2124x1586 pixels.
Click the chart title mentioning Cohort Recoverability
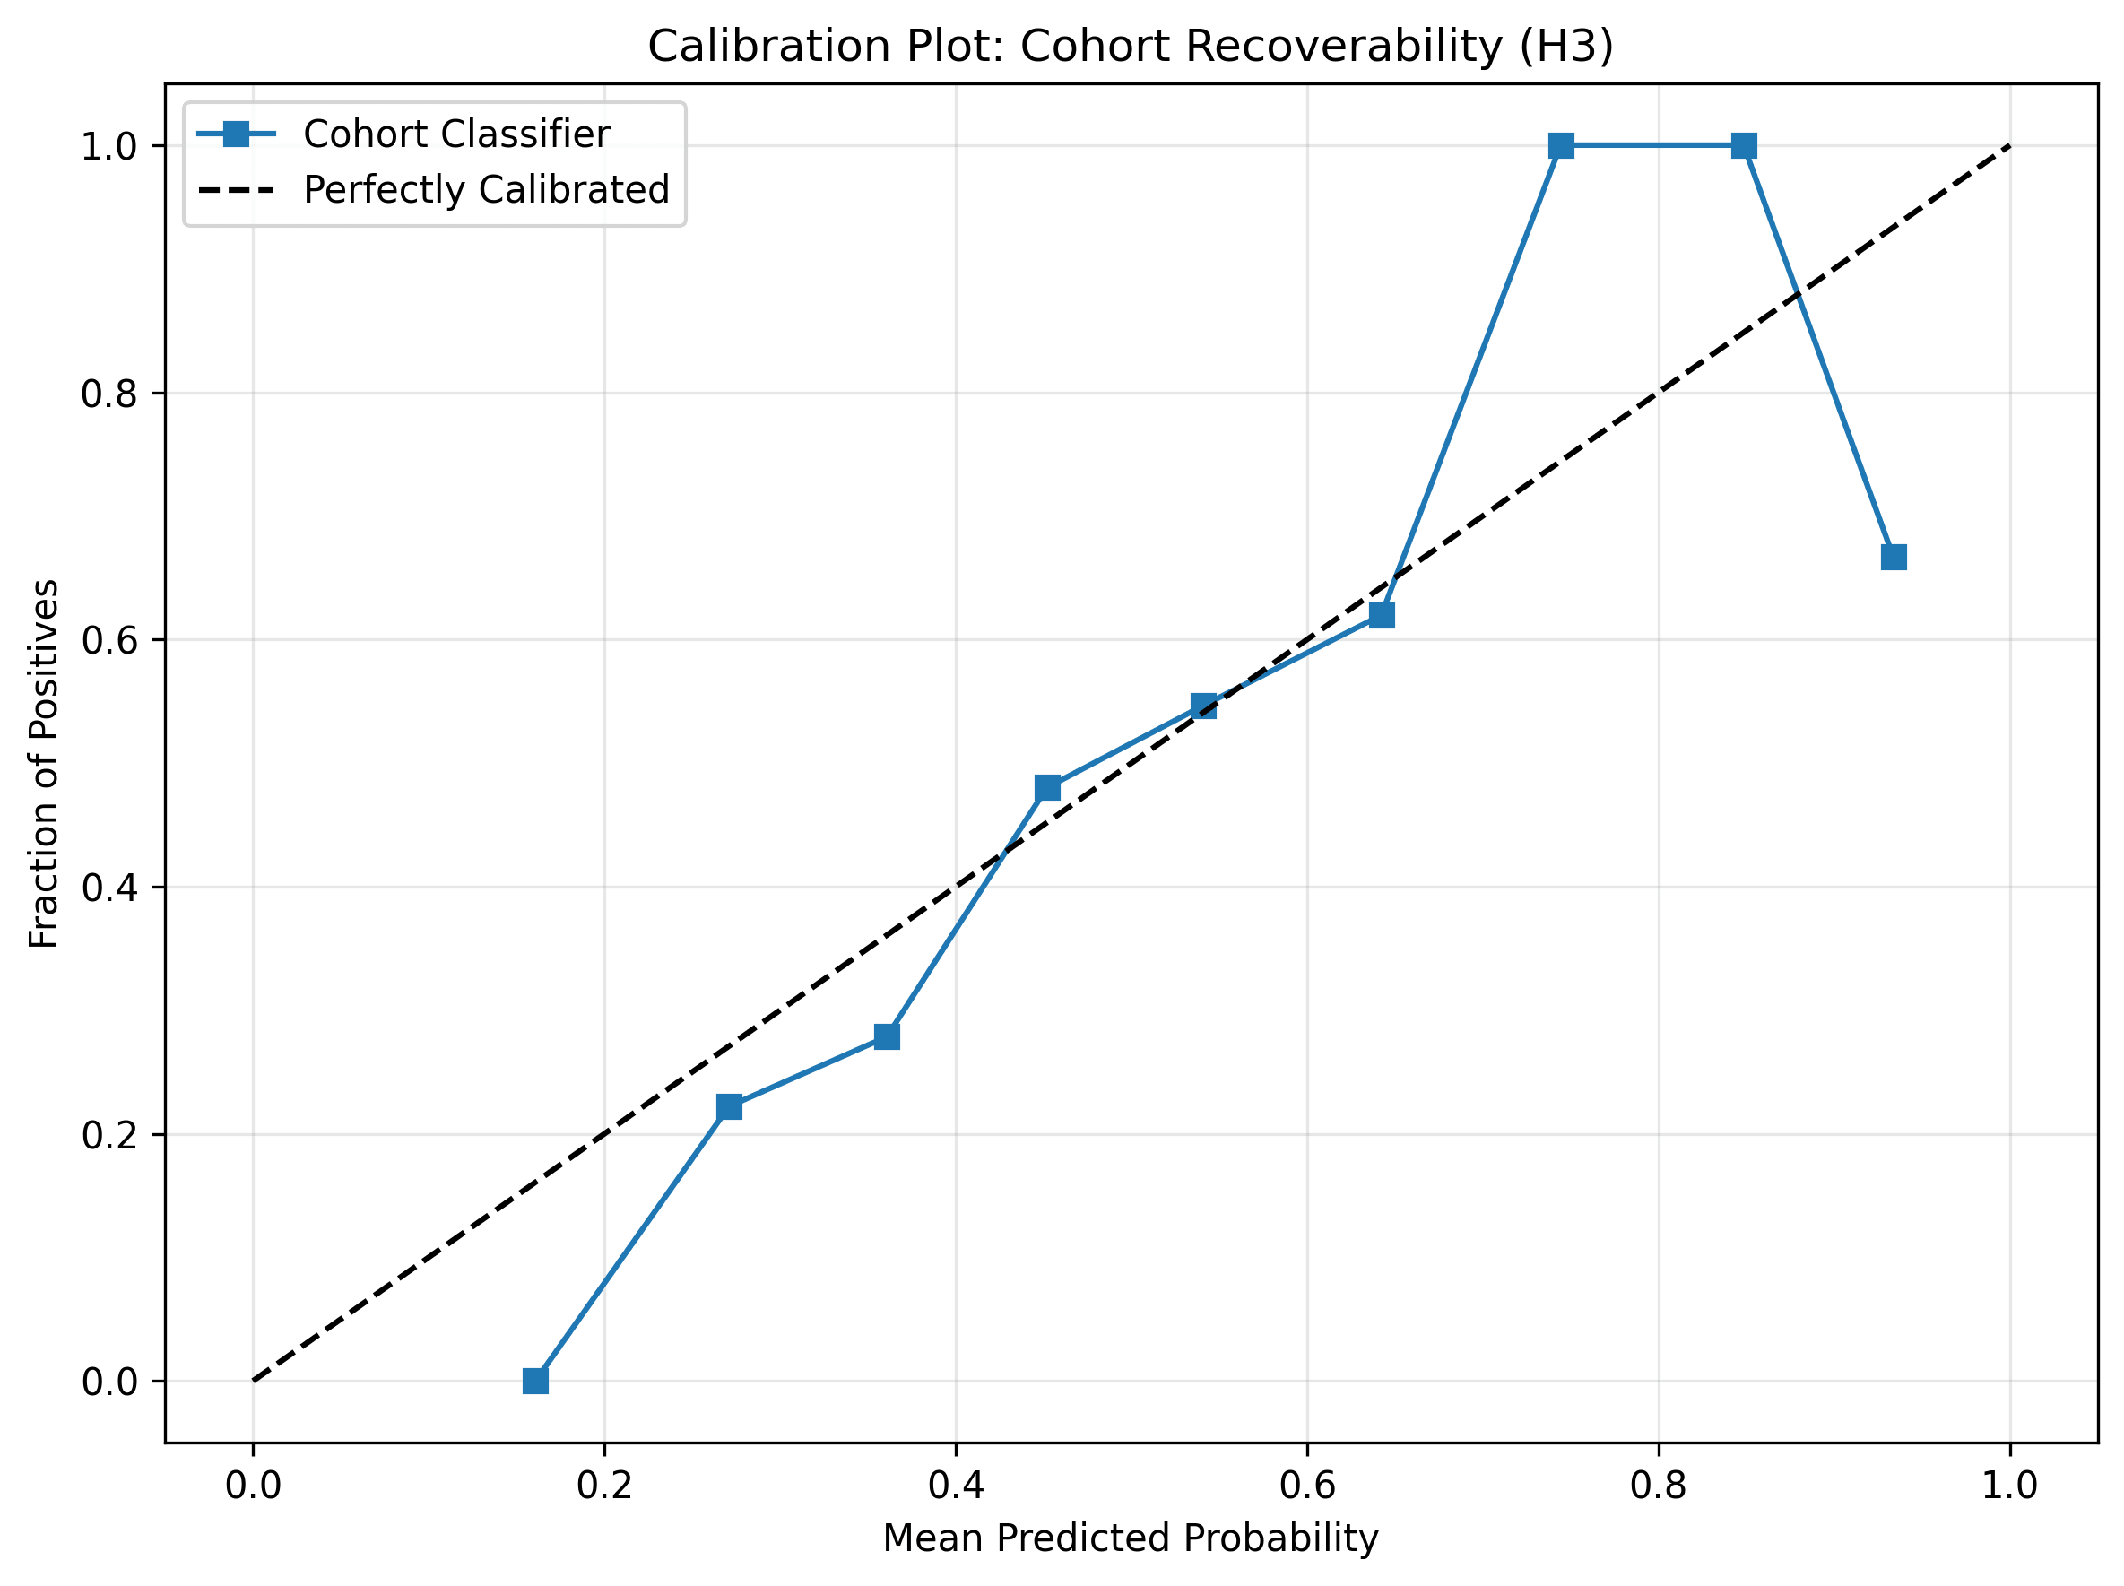point(1131,46)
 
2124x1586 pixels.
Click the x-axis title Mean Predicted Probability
point(1131,1537)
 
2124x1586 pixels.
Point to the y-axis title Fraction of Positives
point(44,763)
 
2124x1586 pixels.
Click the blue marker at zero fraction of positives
point(536,1381)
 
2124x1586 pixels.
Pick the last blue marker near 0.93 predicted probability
point(1894,557)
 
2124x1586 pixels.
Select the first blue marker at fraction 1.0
point(1561,146)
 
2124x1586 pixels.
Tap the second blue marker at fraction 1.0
point(1745,146)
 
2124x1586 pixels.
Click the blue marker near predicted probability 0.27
point(729,1107)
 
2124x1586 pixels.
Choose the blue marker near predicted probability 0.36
point(888,1036)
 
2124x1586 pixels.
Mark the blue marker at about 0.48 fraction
point(1047,788)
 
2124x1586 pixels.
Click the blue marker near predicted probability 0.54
point(1203,706)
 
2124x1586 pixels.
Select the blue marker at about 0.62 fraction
point(1382,615)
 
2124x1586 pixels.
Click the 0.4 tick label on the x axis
point(956,1486)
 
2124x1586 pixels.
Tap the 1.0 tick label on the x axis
point(2010,1486)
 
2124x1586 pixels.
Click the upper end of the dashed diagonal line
point(2008,147)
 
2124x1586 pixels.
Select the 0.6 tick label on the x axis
point(1307,1486)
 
